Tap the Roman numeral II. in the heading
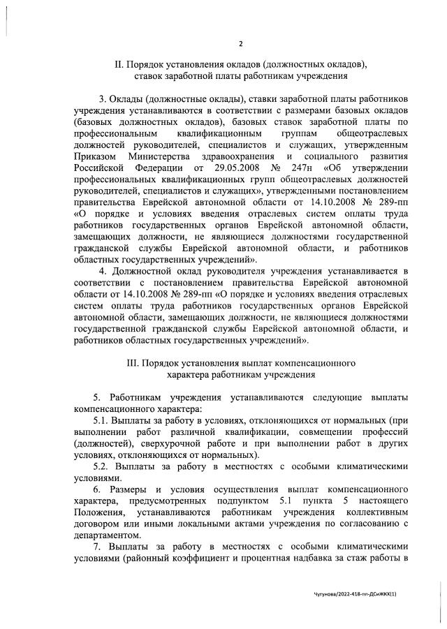118,64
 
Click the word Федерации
156,169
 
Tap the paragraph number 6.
97,490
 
